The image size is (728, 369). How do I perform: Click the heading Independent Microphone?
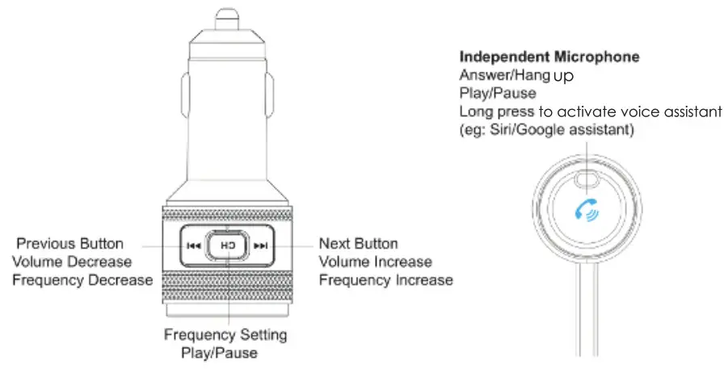click(549, 57)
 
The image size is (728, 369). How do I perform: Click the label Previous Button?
click(70, 243)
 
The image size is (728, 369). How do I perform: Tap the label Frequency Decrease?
click(82, 279)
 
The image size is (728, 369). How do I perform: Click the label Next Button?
click(359, 243)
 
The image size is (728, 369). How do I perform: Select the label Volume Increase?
click(375, 261)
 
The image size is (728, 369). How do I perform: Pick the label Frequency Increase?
click(385, 279)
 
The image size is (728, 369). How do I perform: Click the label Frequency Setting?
click(225, 334)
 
